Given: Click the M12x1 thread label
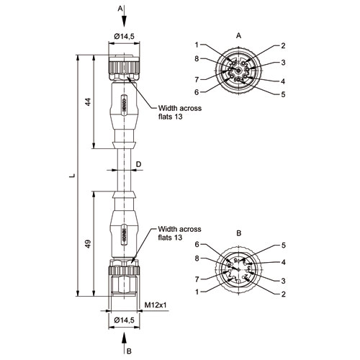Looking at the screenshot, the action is (x=156, y=305).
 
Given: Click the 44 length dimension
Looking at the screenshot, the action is (x=89, y=102).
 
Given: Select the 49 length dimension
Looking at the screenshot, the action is (x=89, y=244).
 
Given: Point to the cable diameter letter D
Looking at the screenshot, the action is (x=139, y=164).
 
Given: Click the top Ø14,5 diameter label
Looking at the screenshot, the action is (x=124, y=37).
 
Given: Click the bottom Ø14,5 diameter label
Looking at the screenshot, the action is (x=124, y=320).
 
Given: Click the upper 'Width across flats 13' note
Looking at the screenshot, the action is (x=180, y=112).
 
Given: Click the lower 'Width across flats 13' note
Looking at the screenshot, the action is (x=180, y=233).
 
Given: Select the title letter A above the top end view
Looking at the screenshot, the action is (x=238, y=36).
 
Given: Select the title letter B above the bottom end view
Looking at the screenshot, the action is (x=238, y=233).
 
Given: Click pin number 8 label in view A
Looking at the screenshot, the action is (x=197, y=58).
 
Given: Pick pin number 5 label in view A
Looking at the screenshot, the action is (x=283, y=94).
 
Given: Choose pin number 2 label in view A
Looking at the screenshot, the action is (x=283, y=45).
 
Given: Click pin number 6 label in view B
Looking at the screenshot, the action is (x=197, y=244).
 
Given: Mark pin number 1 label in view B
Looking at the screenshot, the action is (x=197, y=292).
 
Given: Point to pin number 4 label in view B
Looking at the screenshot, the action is (x=284, y=262).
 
